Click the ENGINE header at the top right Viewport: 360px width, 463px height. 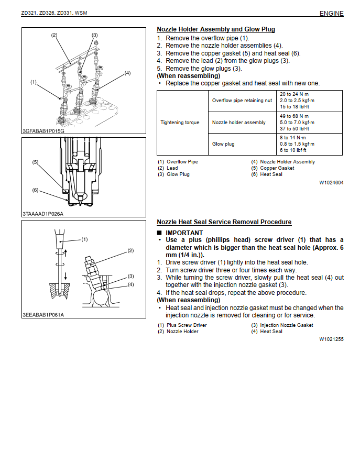pyautogui.click(x=331, y=14)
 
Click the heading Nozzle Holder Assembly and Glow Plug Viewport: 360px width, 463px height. pyautogui.click(x=216, y=29)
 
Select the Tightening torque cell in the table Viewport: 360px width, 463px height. pyautogui.click(x=180, y=123)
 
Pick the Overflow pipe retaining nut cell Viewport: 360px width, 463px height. pyautogui.click(x=242, y=101)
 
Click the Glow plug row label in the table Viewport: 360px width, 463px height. pyautogui.click(x=223, y=144)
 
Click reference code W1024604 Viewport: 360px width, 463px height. pyautogui.click(x=331, y=183)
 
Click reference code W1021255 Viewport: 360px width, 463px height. pyautogui.click(x=331, y=339)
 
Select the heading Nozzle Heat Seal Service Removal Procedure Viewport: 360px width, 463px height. pyautogui.click(x=224, y=222)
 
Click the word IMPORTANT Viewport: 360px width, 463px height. pyautogui.click(x=184, y=233)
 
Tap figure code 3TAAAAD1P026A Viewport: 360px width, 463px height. pyautogui.click(x=43, y=214)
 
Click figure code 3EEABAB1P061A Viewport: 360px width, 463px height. pyautogui.click(x=43, y=315)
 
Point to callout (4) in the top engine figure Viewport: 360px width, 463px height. pyautogui.click(x=127, y=73)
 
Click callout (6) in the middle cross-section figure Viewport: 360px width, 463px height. pyautogui.click(x=35, y=190)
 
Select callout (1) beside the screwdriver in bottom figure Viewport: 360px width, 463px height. pyautogui.click(x=84, y=239)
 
